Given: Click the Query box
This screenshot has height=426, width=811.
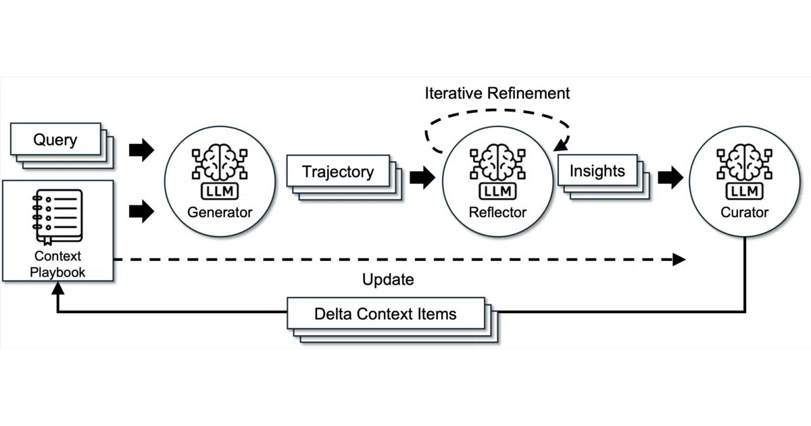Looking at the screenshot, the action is [56, 139].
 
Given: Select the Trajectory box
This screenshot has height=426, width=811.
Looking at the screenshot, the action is [338, 171].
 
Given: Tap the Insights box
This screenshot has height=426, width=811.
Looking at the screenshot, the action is [597, 170].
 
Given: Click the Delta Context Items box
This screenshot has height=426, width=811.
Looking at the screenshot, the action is [386, 314].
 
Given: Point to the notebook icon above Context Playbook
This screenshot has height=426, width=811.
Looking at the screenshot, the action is [57, 217].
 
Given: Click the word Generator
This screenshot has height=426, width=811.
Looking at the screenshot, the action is [220, 212].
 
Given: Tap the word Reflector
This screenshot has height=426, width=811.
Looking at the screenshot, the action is [497, 212].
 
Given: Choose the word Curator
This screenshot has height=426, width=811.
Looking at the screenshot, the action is [744, 212].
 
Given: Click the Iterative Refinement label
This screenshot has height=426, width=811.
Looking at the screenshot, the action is [497, 93].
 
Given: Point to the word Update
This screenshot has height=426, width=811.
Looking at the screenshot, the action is [388, 279].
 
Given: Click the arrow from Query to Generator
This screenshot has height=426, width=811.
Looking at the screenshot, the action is [141, 149].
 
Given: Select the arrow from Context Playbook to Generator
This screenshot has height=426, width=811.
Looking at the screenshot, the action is [141, 211].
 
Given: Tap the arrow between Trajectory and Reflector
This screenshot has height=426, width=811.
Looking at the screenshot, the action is [422, 177].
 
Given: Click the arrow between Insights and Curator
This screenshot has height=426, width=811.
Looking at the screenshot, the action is [670, 177].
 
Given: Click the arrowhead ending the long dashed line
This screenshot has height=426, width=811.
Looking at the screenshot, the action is [679, 260].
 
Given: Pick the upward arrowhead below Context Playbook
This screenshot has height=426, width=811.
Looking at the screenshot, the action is [58, 288].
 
